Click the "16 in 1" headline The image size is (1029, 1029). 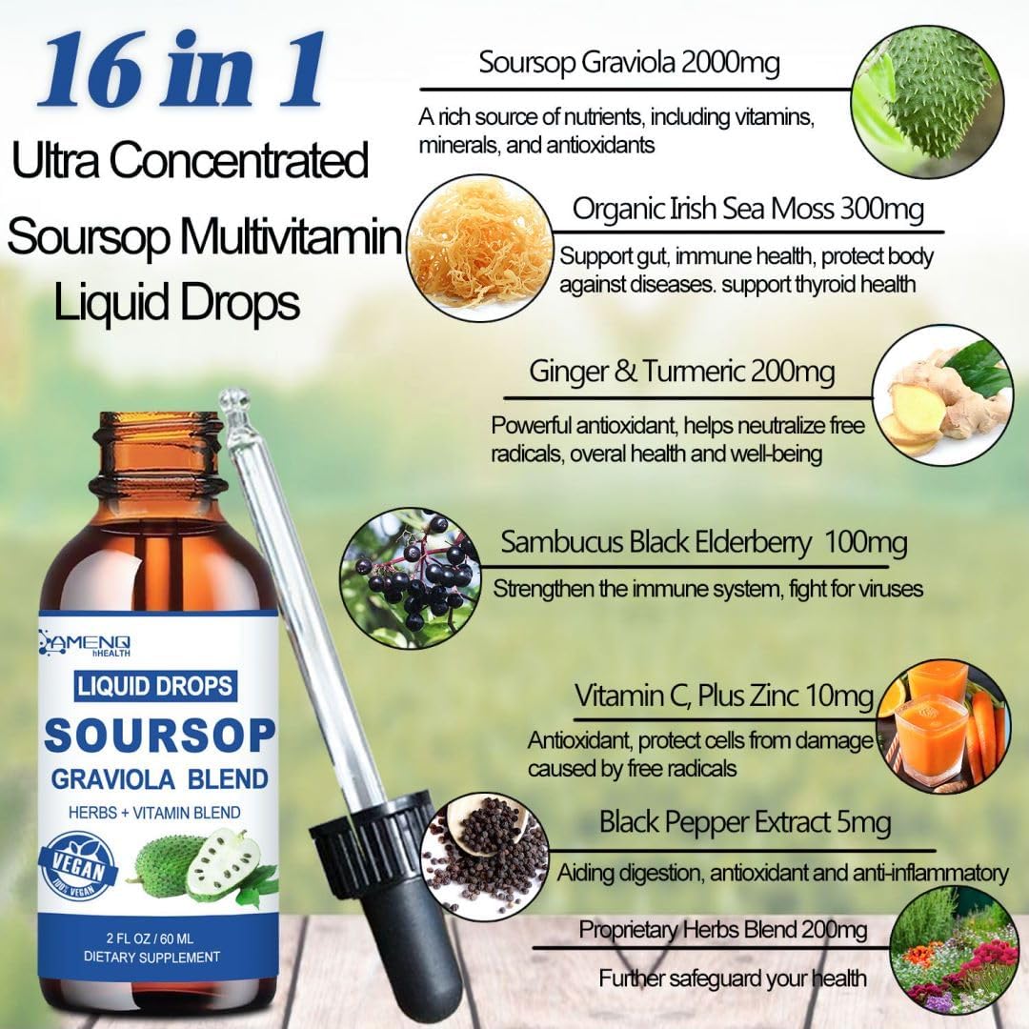coord(180,70)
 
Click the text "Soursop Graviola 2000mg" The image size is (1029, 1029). coord(629,64)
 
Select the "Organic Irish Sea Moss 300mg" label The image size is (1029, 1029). coord(748,210)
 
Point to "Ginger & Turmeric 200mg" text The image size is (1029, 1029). coord(682,373)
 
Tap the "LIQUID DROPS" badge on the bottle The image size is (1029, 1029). coord(153,685)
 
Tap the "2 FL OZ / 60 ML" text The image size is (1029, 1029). coord(152,937)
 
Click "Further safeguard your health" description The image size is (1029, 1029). coord(733,978)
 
